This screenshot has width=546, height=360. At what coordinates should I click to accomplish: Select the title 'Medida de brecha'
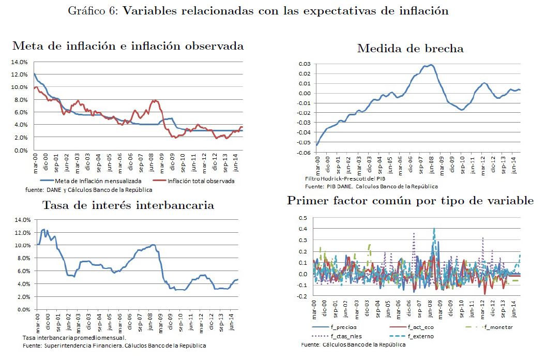[x=411, y=49]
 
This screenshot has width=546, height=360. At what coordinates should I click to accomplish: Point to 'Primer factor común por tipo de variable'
[x=411, y=201]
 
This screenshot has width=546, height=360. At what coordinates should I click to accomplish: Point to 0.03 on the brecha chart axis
[x=304, y=64]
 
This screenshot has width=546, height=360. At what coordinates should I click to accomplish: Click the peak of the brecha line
[x=430, y=65]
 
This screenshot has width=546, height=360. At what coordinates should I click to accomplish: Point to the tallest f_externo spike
[x=434, y=228]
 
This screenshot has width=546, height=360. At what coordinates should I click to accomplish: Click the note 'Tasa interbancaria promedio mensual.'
[x=74, y=338]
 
